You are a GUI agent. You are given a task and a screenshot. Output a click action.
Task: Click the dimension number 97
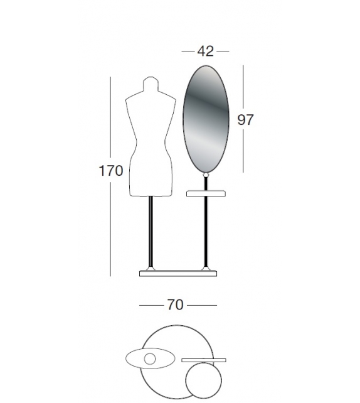[245, 119]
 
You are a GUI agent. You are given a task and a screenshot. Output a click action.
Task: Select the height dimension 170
[110, 170]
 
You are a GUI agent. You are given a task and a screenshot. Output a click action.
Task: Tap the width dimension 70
[175, 305]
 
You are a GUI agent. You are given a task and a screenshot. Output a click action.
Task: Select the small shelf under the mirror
[206, 193]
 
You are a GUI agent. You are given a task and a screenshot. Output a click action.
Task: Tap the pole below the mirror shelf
[206, 232]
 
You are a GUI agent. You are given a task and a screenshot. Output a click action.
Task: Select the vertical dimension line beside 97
[243, 151]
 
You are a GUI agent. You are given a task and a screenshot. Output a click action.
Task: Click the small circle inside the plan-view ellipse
[150, 359]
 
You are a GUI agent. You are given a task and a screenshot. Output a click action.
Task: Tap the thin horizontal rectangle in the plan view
[203, 360]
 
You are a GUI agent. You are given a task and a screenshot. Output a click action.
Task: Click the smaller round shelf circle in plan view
[204, 379]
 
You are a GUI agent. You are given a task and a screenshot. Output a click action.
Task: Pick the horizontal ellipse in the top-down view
[135, 359]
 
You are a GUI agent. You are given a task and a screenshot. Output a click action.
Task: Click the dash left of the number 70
[151, 306]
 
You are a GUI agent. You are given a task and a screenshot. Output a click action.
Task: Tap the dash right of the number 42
[223, 51]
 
